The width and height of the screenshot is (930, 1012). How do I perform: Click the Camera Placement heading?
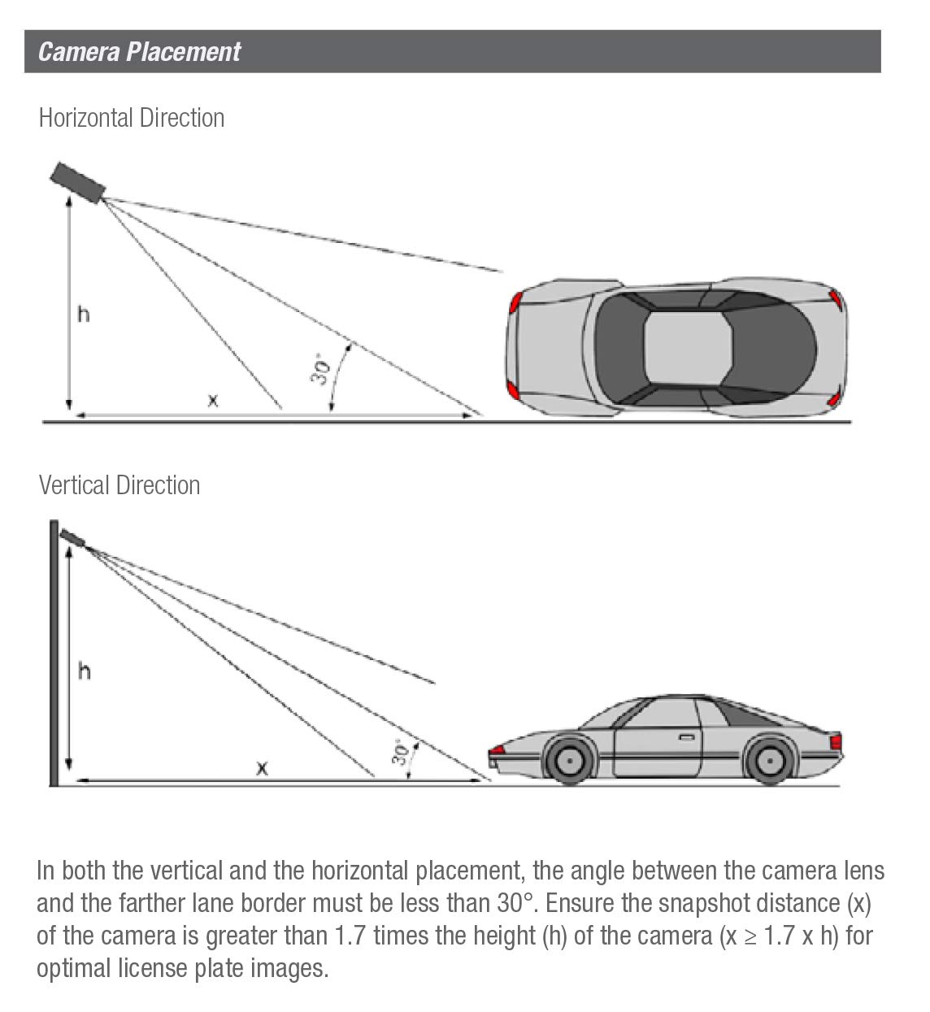click(x=139, y=51)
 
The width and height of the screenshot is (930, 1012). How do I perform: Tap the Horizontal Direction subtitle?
click(x=131, y=118)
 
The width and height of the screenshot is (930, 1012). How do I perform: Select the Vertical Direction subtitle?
click(x=119, y=485)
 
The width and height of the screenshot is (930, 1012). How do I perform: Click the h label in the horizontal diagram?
click(x=83, y=314)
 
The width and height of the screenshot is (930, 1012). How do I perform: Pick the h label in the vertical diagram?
click(x=84, y=671)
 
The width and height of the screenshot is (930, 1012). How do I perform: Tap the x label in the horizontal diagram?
click(x=212, y=400)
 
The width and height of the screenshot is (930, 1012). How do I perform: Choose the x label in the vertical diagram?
click(x=262, y=767)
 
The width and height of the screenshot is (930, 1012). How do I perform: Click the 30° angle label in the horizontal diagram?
click(x=320, y=369)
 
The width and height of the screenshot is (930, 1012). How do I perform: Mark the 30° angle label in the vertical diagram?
click(x=400, y=753)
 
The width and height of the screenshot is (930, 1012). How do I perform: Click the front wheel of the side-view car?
click(x=568, y=761)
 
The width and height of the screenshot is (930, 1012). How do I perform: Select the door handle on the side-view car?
click(x=687, y=738)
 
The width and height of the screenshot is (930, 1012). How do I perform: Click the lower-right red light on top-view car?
click(x=834, y=400)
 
